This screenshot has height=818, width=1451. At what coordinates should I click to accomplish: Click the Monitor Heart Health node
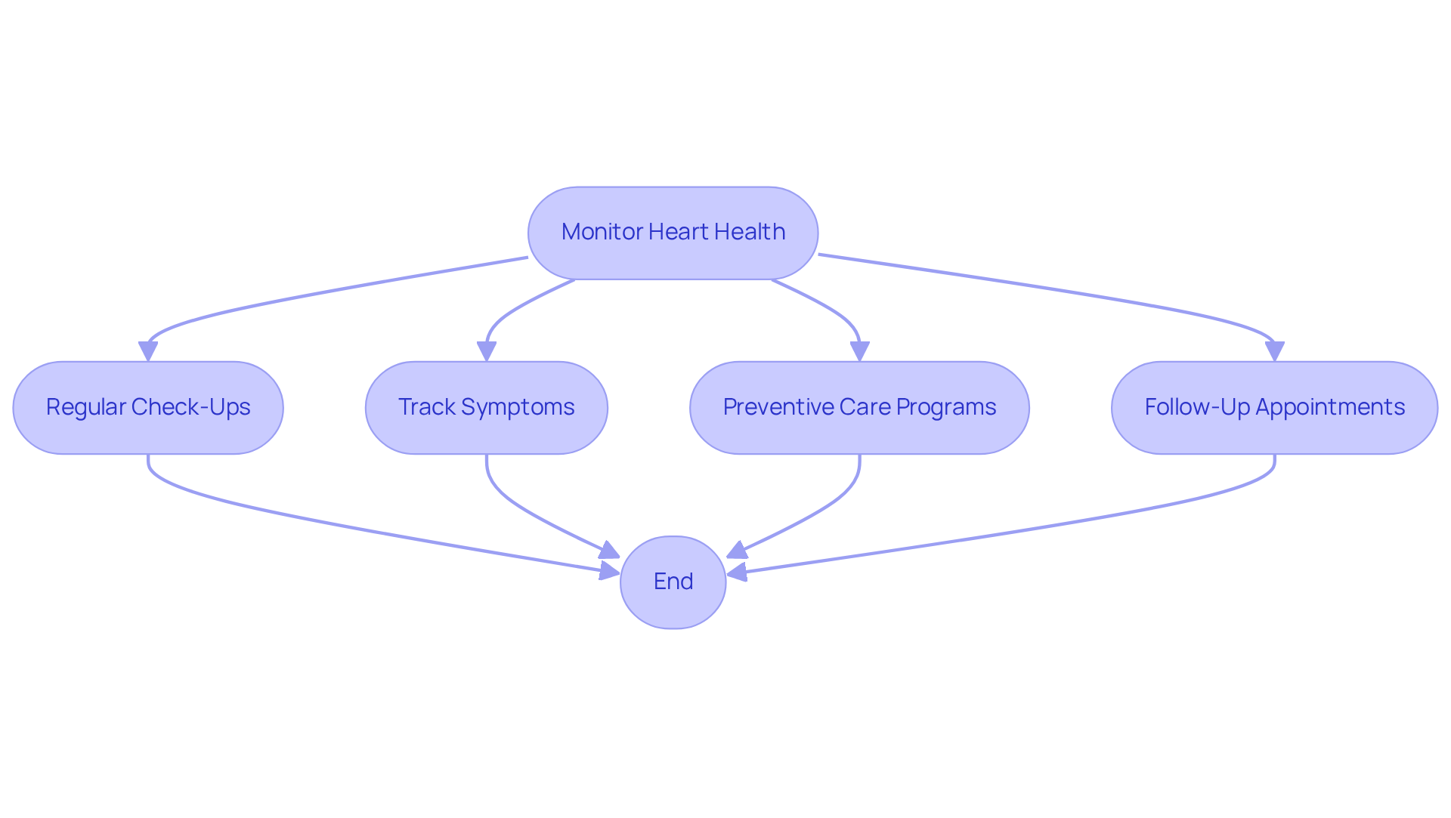673,233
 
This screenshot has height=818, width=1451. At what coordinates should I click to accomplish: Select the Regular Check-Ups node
148,408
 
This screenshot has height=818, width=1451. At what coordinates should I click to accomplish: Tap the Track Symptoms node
486,408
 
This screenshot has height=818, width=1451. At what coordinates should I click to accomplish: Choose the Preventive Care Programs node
859,408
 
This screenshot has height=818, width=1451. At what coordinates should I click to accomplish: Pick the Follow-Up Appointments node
1274,408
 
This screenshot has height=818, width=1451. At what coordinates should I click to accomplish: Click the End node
673,582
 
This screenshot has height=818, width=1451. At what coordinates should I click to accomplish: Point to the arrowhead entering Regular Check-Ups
148,352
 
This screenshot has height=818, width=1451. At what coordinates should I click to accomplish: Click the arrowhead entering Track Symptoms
487,352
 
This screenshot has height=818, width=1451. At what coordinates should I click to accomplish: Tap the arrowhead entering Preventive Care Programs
859,352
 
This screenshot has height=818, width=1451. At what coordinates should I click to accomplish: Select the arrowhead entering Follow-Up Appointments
1275,352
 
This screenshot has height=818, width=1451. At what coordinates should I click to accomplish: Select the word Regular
85,408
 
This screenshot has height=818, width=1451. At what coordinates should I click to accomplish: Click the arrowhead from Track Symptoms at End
609,551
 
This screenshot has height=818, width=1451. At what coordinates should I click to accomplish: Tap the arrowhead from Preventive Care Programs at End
737,551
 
